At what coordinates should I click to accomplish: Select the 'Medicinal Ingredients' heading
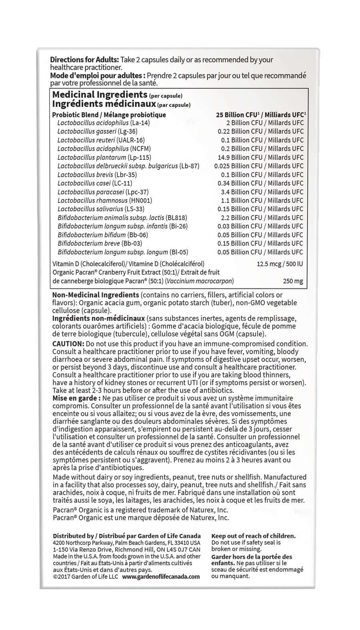click(100, 95)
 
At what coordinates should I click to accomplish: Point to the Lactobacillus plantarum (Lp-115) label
click(104, 158)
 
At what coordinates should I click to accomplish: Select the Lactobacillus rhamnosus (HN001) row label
click(104, 200)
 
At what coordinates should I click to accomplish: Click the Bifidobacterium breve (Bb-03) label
click(100, 244)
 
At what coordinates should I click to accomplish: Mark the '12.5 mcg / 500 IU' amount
click(280, 264)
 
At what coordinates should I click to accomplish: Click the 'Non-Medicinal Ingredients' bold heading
click(95, 295)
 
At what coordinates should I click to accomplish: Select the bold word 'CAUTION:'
click(68, 344)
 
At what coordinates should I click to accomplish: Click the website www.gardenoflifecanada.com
click(160, 576)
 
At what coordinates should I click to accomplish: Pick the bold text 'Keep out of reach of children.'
click(253, 536)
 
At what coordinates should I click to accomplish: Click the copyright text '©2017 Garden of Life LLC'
click(85, 576)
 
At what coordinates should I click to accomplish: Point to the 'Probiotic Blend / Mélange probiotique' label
click(109, 115)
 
